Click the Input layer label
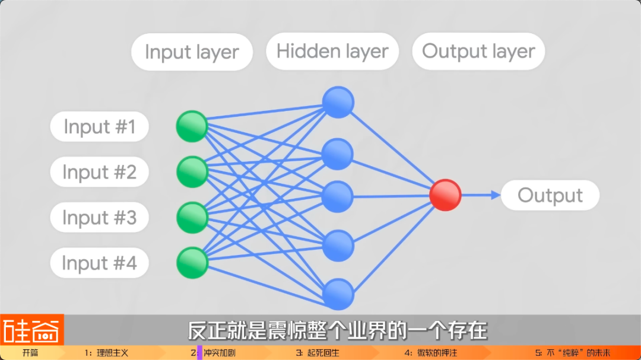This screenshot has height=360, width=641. point(192,52)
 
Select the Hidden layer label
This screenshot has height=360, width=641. point(332,52)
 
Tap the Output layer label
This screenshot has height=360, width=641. point(478,52)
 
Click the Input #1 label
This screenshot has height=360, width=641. point(99,127)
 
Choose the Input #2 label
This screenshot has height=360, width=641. point(99,173)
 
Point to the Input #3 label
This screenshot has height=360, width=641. point(99,218)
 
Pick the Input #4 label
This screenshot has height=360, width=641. point(99,263)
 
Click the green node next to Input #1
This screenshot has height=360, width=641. point(192,126)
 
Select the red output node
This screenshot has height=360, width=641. point(445,195)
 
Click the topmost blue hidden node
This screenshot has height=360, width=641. point(338,102)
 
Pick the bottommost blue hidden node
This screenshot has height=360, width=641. point(338,294)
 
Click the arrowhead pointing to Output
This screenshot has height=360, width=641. point(496,195)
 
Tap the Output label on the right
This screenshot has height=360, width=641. point(550,195)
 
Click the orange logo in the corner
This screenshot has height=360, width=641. point(31,330)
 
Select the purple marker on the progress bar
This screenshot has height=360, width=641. point(199,353)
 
